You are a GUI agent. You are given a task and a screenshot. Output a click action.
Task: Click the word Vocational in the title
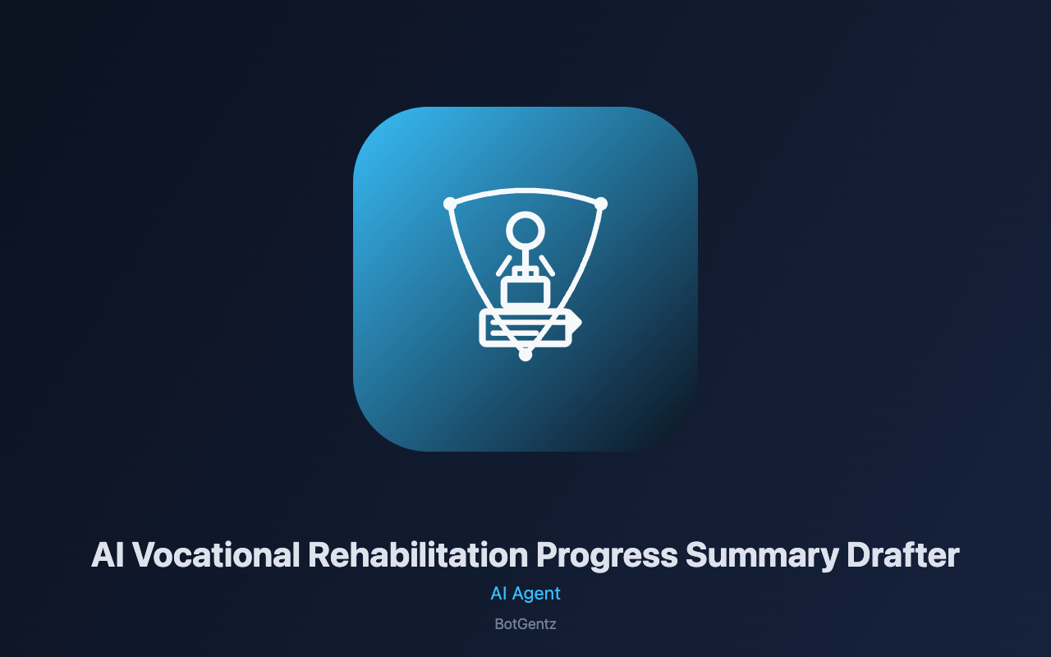pos(216,555)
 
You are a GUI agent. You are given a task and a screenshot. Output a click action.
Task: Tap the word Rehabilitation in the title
pos(418,555)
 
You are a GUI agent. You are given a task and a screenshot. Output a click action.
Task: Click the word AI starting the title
pos(108,555)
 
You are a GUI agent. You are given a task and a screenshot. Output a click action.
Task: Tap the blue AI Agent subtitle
pos(525,594)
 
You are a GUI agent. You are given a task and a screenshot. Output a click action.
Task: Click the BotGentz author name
pos(525,624)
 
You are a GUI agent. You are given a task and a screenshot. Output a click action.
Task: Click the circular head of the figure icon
pos(525,231)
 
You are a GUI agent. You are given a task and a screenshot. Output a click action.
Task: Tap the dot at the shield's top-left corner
pos(450,204)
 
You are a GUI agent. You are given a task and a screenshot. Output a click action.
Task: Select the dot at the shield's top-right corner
pos(601,204)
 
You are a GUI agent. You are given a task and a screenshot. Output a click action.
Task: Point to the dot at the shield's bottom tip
pos(525,354)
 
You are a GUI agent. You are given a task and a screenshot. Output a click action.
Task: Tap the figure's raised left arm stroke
pos(504,265)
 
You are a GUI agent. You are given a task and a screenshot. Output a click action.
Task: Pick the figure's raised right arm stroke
pos(547,265)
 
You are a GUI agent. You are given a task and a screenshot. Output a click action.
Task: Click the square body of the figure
pos(525,292)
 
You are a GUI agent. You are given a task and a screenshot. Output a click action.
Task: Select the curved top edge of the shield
pos(525,191)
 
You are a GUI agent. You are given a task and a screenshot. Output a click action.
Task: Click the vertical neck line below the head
pos(525,259)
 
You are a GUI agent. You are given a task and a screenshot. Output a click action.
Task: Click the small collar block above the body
pos(525,272)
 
